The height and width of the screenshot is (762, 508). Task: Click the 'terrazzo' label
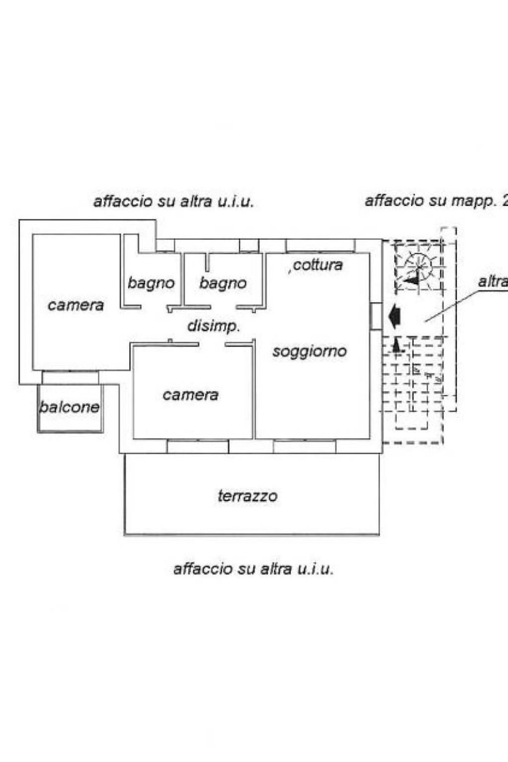(x=247, y=496)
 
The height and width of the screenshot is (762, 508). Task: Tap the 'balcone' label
(x=70, y=408)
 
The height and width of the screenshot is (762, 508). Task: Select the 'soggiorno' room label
(x=309, y=351)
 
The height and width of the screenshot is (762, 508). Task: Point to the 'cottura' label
(x=317, y=265)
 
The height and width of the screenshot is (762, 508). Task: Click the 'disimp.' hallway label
(x=214, y=326)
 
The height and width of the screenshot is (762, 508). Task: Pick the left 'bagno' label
(x=151, y=283)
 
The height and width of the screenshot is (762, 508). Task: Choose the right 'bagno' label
(x=223, y=283)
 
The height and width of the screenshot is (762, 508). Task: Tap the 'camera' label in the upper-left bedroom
(x=76, y=305)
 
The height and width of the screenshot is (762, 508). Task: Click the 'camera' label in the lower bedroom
(x=191, y=395)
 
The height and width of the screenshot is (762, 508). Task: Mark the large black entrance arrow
(x=395, y=317)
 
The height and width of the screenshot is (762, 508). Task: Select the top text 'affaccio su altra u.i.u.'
(x=173, y=202)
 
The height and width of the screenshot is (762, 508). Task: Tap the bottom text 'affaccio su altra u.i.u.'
(x=253, y=568)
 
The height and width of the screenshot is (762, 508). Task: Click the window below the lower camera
(x=198, y=446)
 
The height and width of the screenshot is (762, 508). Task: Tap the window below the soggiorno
(x=304, y=446)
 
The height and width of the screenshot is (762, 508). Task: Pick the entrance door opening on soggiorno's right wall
(x=376, y=316)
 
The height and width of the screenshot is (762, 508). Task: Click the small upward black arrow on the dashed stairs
(x=396, y=345)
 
